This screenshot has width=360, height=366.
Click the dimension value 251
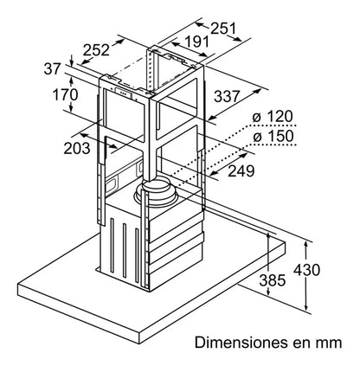(223, 29)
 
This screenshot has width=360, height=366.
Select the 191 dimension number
(196, 42)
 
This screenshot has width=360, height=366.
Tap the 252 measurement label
(96, 50)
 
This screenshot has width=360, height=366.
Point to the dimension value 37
(53, 69)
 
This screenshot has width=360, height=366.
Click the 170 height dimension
(65, 94)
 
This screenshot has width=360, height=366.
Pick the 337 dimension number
(227, 96)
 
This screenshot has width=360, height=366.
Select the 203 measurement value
(77, 149)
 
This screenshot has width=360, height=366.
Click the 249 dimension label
(241, 171)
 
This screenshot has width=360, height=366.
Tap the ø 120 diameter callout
(273, 117)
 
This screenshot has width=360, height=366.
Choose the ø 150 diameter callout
(273, 136)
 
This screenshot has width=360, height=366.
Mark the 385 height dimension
(273, 280)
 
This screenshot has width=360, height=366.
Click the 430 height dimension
(306, 270)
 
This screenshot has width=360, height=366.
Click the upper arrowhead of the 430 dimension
(306, 245)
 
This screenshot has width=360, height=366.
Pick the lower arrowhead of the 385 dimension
(268, 292)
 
